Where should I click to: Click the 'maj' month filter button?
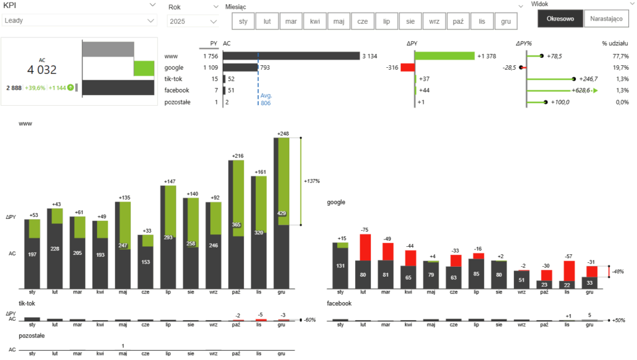(x=339, y=21)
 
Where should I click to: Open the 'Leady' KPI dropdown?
(x=79, y=21)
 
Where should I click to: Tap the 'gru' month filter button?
(x=506, y=21)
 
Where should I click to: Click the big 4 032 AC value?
(x=42, y=70)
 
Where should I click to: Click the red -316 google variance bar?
(x=407, y=67)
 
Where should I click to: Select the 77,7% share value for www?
(x=620, y=56)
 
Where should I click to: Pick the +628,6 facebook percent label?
(x=575, y=91)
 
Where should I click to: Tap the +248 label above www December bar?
(x=284, y=134)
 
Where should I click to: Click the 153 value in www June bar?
(x=146, y=262)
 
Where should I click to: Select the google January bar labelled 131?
(x=340, y=266)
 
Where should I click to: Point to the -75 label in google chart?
(x=365, y=229)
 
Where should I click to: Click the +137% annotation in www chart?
(x=312, y=181)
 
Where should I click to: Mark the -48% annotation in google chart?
(x=618, y=271)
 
